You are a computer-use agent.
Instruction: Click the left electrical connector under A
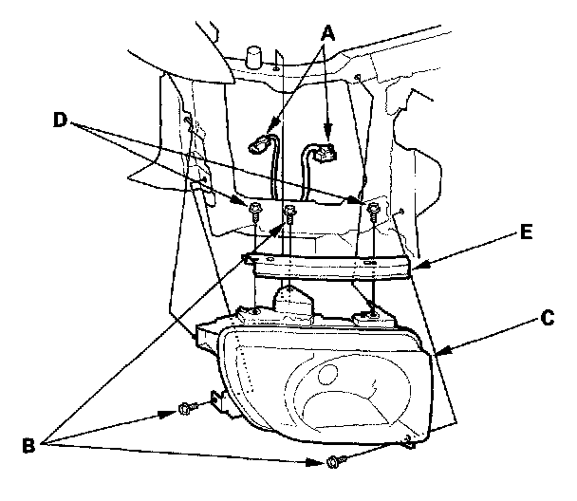point(258,146)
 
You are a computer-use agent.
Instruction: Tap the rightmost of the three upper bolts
point(376,208)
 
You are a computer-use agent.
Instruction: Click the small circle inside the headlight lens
point(335,372)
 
